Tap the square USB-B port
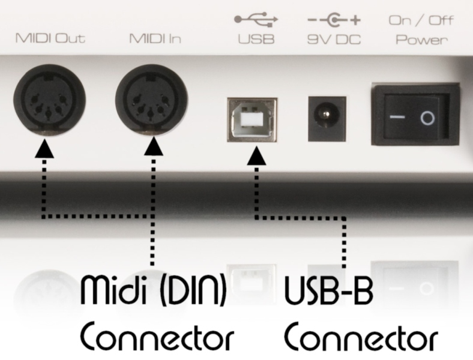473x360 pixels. [252, 119]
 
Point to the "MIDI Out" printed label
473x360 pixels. [50, 40]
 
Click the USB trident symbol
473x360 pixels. [256, 20]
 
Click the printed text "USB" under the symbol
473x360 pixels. [256, 40]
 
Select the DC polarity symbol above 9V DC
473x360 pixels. [330, 20]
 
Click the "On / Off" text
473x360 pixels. [421, 20]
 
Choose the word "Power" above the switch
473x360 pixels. [421, 40]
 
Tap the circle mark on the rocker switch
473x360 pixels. [427, 118]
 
